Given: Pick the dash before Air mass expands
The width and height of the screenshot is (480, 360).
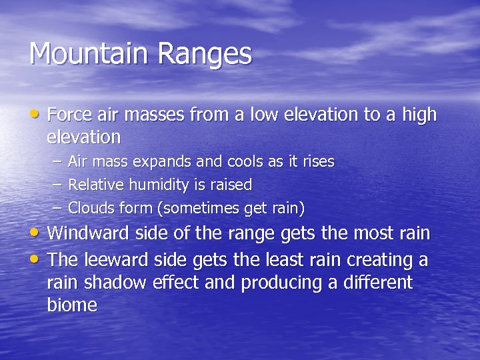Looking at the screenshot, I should tap(55, 162).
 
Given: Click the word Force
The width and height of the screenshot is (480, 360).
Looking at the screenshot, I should tap(71, 115).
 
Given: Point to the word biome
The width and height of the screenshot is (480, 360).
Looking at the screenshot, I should tap(72, 306).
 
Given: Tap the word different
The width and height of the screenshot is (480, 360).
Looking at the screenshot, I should tap(377, 283).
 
